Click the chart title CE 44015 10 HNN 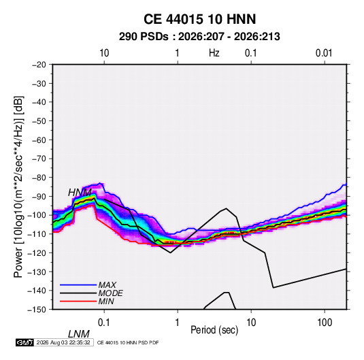tap(199, 19)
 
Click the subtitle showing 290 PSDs tap(199, 37)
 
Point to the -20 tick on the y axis tap(39, 65)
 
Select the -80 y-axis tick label tap(39, 178)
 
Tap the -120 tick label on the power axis tap(37, 253)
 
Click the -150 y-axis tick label tap(37, 310)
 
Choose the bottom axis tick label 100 tap(325, 323)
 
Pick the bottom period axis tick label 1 tap(178, 323)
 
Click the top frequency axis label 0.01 tap(324, 53)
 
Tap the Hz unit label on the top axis tap(214, 53)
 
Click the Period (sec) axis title tap(214, 330)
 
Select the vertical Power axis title tap(18, 187)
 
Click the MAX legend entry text tap(107, 284)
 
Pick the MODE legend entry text tap(110, 293)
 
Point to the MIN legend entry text tap(106, 301)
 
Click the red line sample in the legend tap(78, 301)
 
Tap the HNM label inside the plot tap(80, 193)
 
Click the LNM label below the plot tap(78, 334)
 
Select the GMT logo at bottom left tap(25, 342)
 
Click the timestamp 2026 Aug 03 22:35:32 tap(63, 342)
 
